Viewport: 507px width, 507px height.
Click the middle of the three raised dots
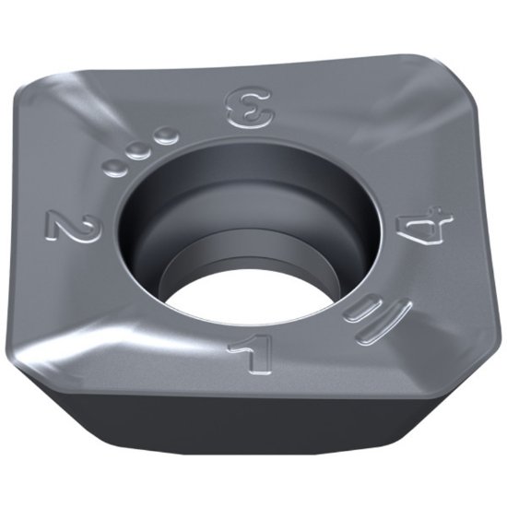click(x=140, y=151)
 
